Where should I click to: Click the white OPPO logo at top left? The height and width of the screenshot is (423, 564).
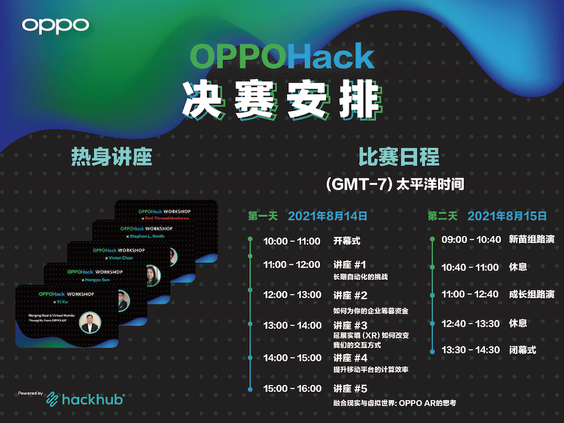point(56,25)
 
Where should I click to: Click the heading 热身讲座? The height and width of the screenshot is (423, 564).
point(112,157)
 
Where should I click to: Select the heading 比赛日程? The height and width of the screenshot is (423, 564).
point(399,157)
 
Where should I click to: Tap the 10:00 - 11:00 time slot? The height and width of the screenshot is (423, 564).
point(292,241)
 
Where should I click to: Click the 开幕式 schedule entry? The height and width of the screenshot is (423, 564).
point(347,241)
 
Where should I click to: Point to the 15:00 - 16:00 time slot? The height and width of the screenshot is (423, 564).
point(292,389)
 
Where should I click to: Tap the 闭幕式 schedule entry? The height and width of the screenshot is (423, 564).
point(523,350)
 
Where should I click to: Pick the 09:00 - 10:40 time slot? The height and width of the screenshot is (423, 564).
point(471,239)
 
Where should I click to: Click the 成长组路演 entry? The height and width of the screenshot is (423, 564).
point(531,294)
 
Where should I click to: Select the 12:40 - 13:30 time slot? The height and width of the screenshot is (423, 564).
point(471,324)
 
